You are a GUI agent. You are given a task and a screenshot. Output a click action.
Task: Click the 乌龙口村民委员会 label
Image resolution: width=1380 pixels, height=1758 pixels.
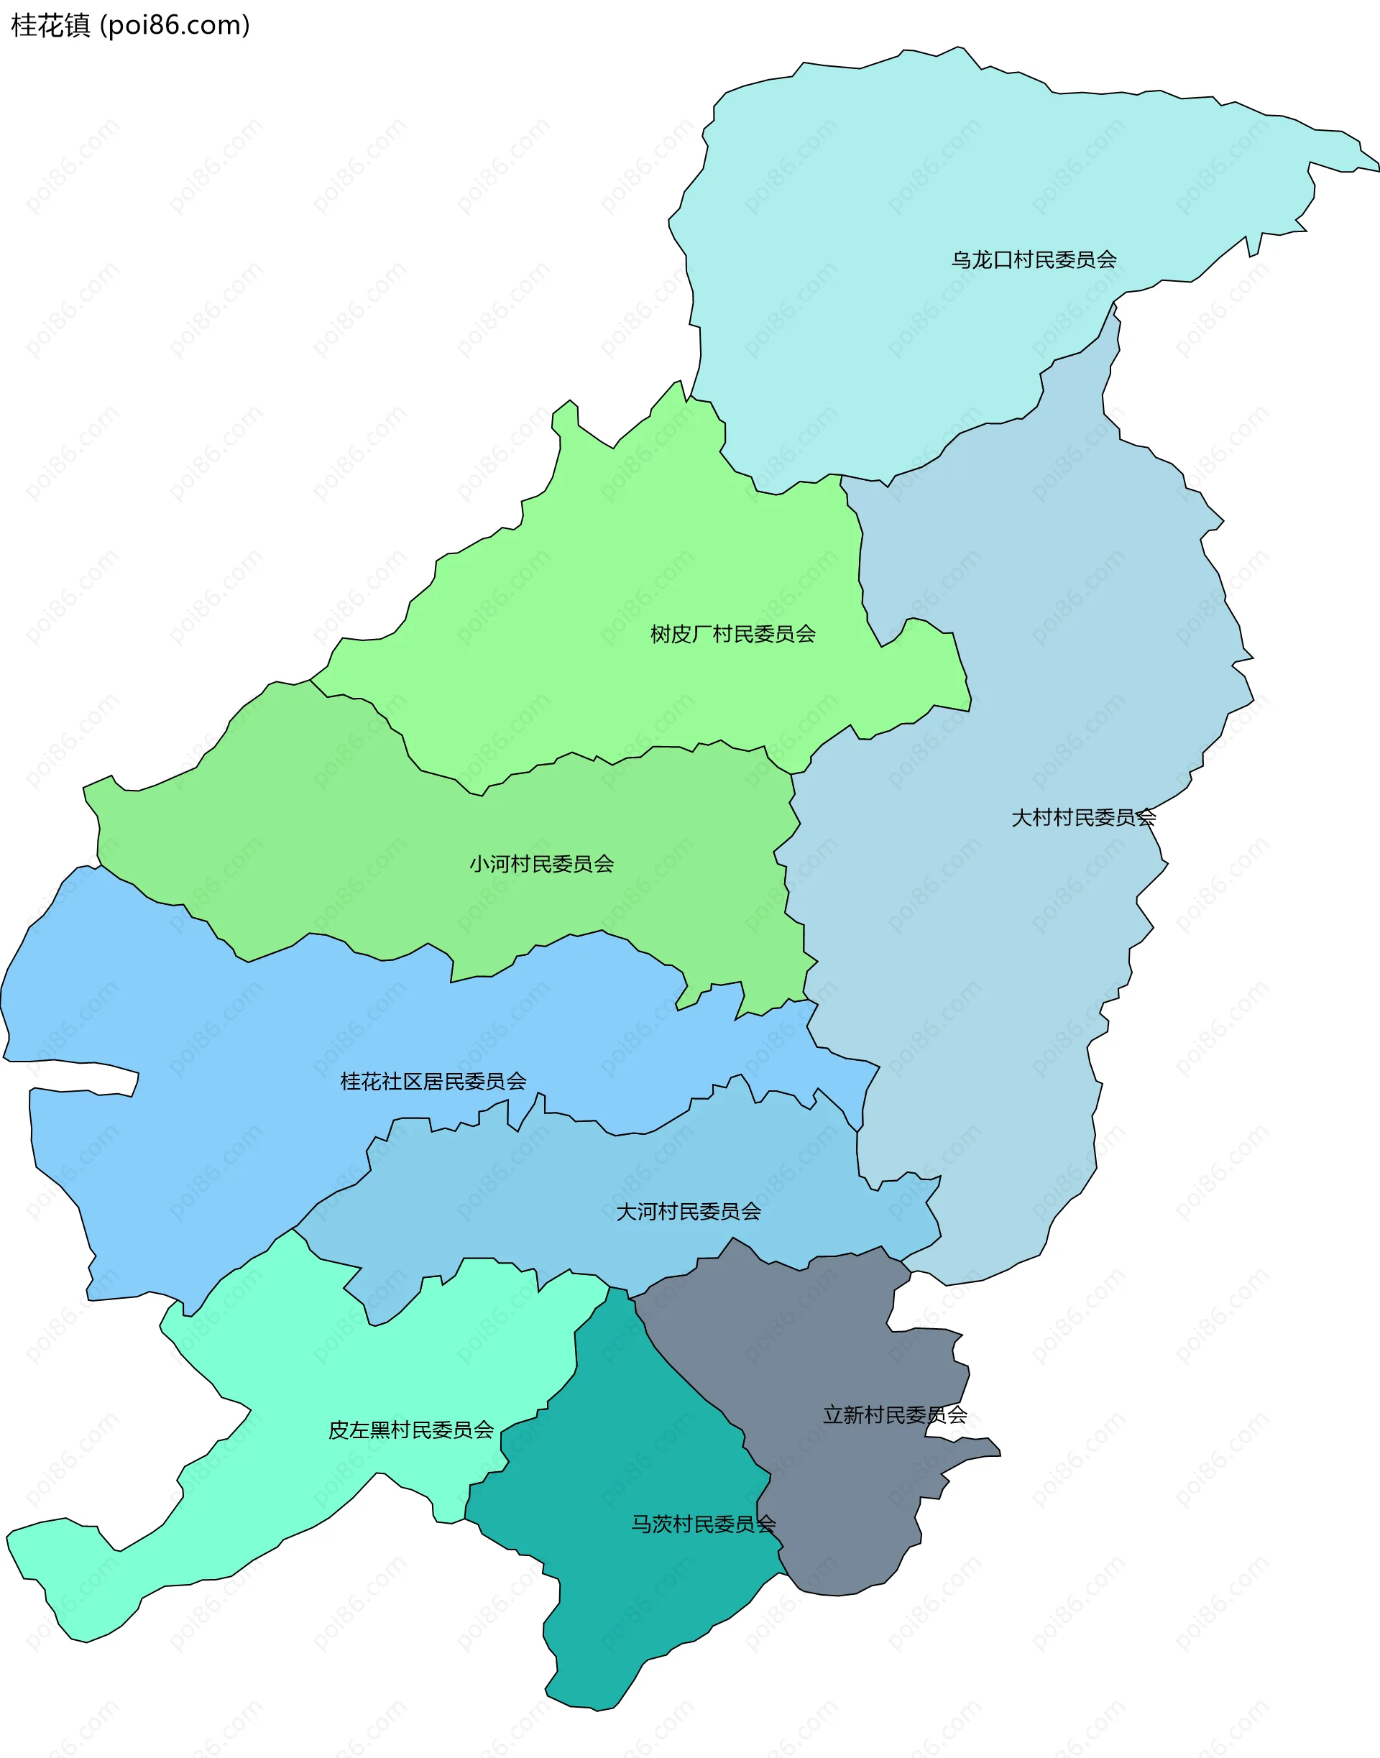tap(1034, 260)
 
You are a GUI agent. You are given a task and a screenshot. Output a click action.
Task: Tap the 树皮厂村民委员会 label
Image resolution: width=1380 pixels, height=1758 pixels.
tap(733, 634)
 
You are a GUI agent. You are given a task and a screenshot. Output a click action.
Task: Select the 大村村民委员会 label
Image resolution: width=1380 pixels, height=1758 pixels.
tap(1083, 818)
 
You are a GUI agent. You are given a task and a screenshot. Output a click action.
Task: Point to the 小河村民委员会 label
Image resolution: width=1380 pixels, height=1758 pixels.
tap(541, 865)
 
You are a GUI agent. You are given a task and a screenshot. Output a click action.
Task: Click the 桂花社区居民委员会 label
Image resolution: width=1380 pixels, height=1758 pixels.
tap(433, 1081)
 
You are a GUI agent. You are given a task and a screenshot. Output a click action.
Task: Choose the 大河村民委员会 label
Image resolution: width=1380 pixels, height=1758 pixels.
tap(689, 1212)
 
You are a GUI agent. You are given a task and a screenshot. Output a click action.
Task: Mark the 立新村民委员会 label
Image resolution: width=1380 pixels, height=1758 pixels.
tap(894, 1415)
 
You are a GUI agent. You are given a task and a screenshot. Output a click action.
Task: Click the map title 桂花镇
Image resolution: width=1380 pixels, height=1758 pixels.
tap(51, 26)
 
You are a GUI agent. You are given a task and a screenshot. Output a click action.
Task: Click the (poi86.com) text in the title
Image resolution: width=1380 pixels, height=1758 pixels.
tap(175, 26)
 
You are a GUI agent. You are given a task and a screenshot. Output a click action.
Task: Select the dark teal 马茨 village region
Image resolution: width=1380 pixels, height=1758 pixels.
tap(646, 1600)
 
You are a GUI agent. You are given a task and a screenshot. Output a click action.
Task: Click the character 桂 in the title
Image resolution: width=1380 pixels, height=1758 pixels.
tap(24, 26)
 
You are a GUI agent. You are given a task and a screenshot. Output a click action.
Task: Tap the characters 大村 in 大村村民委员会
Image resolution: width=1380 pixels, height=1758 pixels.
tap(1032, 818)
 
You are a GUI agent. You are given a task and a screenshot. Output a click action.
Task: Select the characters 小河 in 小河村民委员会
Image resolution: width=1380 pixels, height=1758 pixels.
tap(489, 865)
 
